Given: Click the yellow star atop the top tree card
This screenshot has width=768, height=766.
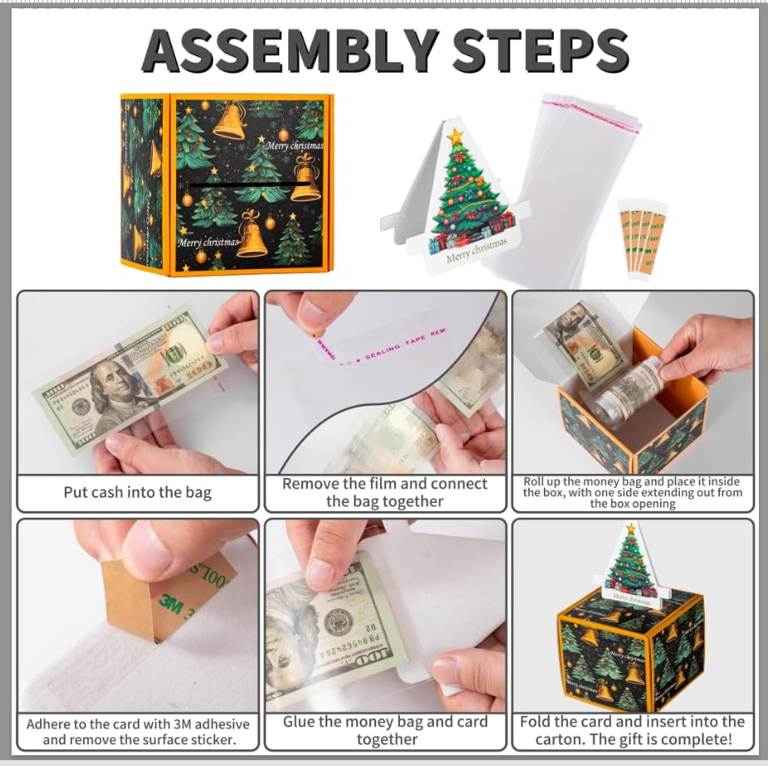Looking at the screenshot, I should coord(454,136).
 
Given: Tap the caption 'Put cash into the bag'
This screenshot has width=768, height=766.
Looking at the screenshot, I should coord(138,493).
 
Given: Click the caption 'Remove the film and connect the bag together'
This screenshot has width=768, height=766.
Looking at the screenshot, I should coord(384,493).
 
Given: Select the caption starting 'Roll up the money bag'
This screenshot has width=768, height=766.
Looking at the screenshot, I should coord(632,492).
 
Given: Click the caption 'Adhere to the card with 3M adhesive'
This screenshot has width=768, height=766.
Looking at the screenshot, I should coord(138,731).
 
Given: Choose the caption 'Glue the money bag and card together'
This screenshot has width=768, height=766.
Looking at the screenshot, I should coord(386,730).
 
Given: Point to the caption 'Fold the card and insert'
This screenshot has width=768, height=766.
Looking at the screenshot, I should coord(632,730).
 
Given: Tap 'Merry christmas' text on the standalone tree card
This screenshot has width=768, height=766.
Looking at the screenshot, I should coord(475,250).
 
